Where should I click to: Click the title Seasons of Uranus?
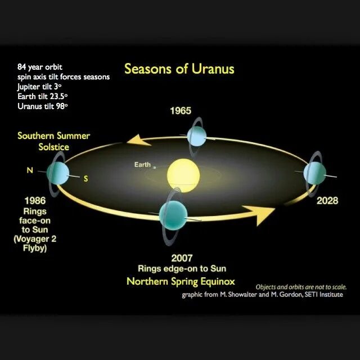coord(179,69)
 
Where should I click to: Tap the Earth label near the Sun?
coord(142,165)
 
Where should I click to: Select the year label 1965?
coord(181,111)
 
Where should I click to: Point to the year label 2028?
coord(327,201)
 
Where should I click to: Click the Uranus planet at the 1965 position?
coord(197,135)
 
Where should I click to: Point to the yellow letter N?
coord(30,169)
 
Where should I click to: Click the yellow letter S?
coord(85,179)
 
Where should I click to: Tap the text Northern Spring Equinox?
coord(181,281)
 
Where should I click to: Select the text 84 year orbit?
coord(39,67)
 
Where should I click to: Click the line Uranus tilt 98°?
coord(43,106)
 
